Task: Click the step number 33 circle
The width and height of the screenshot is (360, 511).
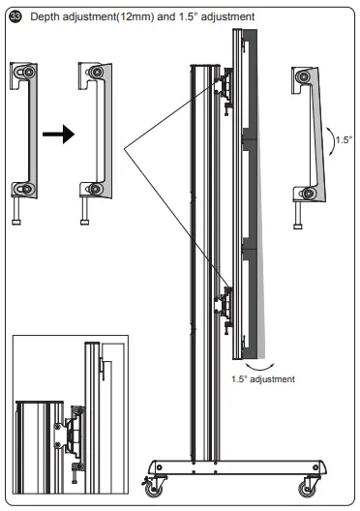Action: point(14,16)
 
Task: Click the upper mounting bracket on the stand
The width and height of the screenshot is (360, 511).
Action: point(226,87)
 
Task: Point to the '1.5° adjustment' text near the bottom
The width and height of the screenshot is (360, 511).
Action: point(263,378)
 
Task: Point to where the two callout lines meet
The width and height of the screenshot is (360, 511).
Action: point(124,148)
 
